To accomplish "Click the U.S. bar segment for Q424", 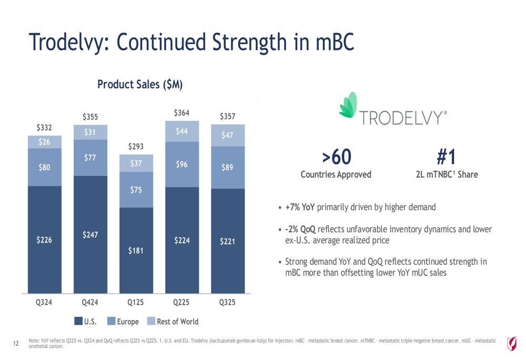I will click(x=90, y=234).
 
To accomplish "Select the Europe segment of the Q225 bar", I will click(x=182, y=164).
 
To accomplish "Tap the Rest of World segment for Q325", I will click(x=228, y=135).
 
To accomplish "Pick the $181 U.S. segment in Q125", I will click(x=136, y=250).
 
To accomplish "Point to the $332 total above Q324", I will click(x=44, y=127).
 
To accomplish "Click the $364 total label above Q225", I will click(x=182, y=112).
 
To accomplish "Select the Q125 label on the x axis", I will click(x=136, y=303).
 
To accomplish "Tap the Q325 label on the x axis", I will click(x=228, y=303).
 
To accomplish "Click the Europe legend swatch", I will click(x=111, y=321).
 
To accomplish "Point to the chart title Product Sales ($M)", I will click(x=140, y=84).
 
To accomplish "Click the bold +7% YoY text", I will click(x=300, y=207).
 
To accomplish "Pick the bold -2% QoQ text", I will click(x=300, y=230).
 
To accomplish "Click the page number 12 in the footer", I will click(x=16, y=344).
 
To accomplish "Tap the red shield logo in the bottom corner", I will click(x=511, y=344).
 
